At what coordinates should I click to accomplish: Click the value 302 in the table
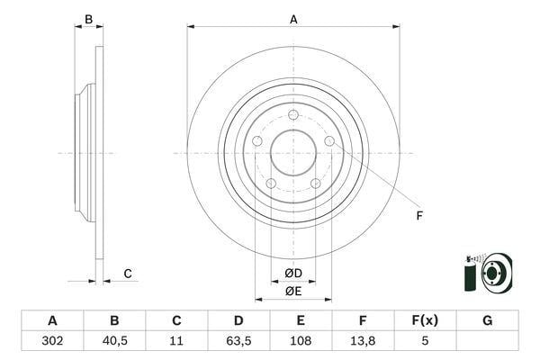click(52, 341)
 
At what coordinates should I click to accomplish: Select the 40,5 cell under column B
click(114, 341)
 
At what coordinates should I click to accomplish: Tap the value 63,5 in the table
click(238, 341)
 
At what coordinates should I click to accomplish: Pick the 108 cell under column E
click(301, 341)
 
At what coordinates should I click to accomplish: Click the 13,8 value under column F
click(363, 341)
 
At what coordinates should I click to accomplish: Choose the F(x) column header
click(425, 320)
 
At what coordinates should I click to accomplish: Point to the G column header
click(487, 320)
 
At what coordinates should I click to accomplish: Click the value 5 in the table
click(425, 341)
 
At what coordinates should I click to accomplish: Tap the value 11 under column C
click(176, 341)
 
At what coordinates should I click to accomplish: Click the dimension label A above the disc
click(293, 20)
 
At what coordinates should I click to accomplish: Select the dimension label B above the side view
click(88, 19)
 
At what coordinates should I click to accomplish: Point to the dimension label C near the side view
click(128, 274)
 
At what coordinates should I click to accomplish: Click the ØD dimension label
click(293, 274)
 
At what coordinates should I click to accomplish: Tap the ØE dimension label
click(293, 292)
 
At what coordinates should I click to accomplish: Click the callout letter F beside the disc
click(419, 216)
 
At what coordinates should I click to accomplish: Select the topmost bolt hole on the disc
click(293, 114)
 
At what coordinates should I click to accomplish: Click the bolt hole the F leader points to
click(329, 141)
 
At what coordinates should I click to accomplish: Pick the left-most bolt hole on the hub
click(257, 141)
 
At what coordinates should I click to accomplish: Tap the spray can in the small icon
click(470, 274)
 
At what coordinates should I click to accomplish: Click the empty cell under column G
click(487, 341)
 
